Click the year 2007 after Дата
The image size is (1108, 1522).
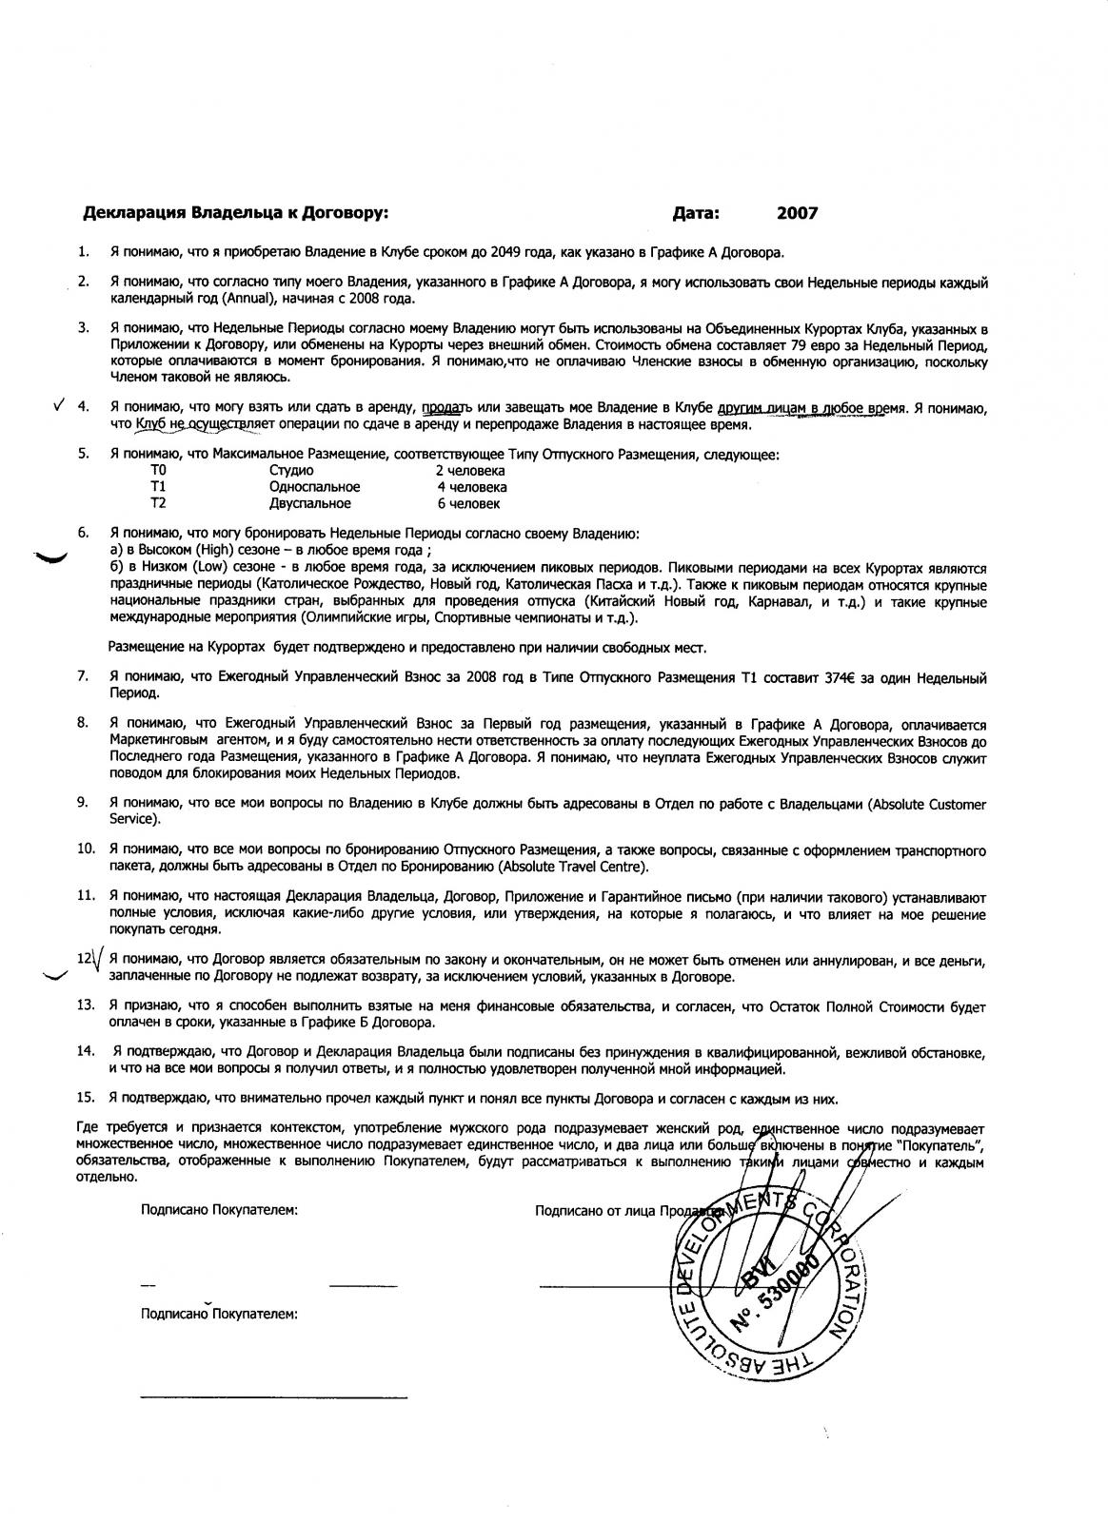tap(797, 214)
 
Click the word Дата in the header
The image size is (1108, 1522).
tap(696, 214)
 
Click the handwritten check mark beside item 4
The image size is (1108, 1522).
tap(59, 404)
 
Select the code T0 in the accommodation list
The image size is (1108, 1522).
tap(158, 471)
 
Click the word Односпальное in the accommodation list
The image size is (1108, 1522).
tap(314, 487)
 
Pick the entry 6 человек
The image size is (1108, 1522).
tap(468, 503)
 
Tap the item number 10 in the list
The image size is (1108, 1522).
tap(85, 849)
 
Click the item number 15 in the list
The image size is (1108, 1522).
tap(85, 1099)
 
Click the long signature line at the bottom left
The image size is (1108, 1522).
tap(273, 1397)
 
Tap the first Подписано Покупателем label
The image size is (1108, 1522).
tap(219, 1211)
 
